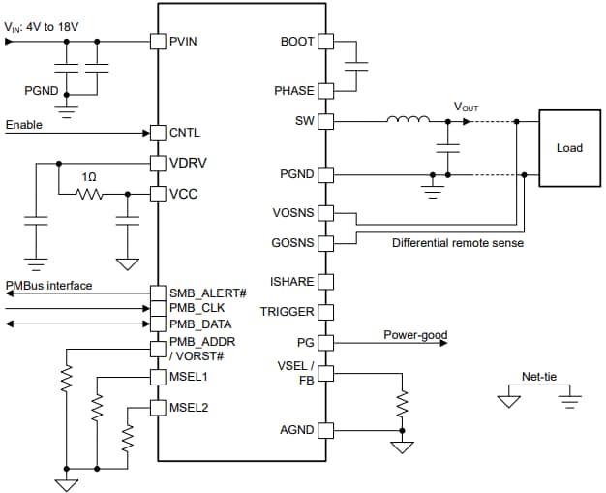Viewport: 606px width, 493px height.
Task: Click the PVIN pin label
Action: [186, 42]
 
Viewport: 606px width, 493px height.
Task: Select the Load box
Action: [569, 148]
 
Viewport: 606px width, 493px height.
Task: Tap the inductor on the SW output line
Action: [408, 121]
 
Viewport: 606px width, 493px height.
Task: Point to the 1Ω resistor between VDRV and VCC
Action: [90, 195]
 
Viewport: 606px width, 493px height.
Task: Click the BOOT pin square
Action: [325, 42]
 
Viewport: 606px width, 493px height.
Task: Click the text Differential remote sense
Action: [457, 243]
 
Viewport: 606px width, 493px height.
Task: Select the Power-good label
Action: [415, 335]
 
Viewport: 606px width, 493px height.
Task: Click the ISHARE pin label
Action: [292, 281]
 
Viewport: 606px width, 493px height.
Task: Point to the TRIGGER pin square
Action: [325, 312]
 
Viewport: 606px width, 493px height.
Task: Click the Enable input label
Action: [25, 125]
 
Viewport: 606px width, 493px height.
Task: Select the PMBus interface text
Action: [48, 286]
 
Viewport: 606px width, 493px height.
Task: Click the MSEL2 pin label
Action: [189, 408]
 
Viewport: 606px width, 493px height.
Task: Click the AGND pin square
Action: [325, 430]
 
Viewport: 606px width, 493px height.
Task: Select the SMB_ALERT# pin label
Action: [209, 293]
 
